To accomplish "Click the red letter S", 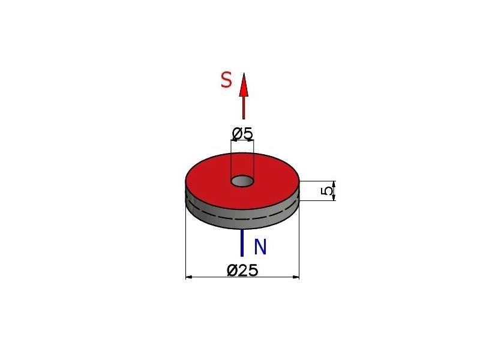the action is tap(226, 80).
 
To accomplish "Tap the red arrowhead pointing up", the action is tap(244, 85).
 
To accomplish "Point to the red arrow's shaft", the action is tap(244, 107).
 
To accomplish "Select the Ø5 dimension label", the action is tap(242, 133).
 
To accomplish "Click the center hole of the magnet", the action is tap(242, 181).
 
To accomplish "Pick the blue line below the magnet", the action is tap(242, 243).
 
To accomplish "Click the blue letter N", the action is tap(260, 247).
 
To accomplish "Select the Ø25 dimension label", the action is tap(242, 270).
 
